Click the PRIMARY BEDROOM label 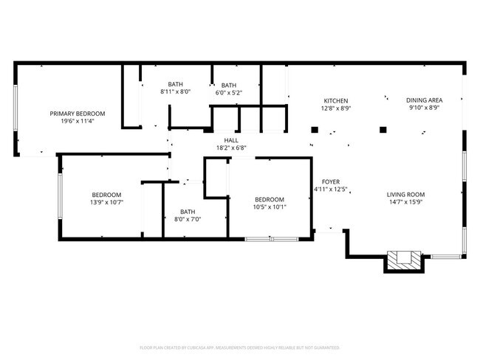click(78, 114)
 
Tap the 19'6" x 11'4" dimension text click(78, 122)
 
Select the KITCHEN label click(335, 100)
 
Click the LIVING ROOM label click(406, 195)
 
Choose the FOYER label click(329, 181)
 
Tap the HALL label click(231, 139)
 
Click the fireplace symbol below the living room click(405, 260)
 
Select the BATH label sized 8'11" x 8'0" click(175, 84)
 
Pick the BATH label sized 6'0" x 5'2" click(229, 85)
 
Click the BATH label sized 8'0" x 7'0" click(188, 211)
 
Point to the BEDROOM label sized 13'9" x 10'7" click(106, 194)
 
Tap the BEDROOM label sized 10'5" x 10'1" click(270, 199)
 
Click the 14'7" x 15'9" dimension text click(406, 203)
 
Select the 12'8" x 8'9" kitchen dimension click(335, 108)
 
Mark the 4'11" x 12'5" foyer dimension click(329, 190)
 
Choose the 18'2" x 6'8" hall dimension click(231, 148)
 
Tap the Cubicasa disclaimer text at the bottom click(239, 347)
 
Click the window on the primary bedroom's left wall click(16, 109)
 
